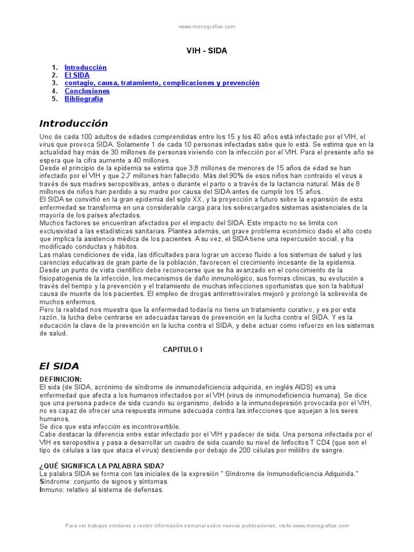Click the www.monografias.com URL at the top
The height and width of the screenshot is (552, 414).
tap(207, 26)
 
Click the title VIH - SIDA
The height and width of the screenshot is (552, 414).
tap(206, 51)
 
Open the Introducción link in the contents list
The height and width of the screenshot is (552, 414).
tap(85, 67)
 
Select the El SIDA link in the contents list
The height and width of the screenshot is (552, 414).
tap(77, 75)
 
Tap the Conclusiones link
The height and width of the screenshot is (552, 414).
tap(87, 91)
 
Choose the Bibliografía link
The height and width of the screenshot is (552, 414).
tap(84, 99)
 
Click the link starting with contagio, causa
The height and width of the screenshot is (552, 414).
tap(162, 83)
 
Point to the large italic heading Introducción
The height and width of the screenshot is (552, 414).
tap(74, 123)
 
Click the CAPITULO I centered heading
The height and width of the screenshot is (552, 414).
tap(183, 349)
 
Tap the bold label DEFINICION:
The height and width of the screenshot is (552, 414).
tap(61, 379)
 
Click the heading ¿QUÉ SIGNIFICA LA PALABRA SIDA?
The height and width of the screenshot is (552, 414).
tap(102, 466)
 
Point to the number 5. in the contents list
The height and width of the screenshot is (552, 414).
tap(54, 99)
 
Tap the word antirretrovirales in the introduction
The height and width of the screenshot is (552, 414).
tap(238, 294)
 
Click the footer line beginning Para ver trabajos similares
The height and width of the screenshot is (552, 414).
tap(207, 526)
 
